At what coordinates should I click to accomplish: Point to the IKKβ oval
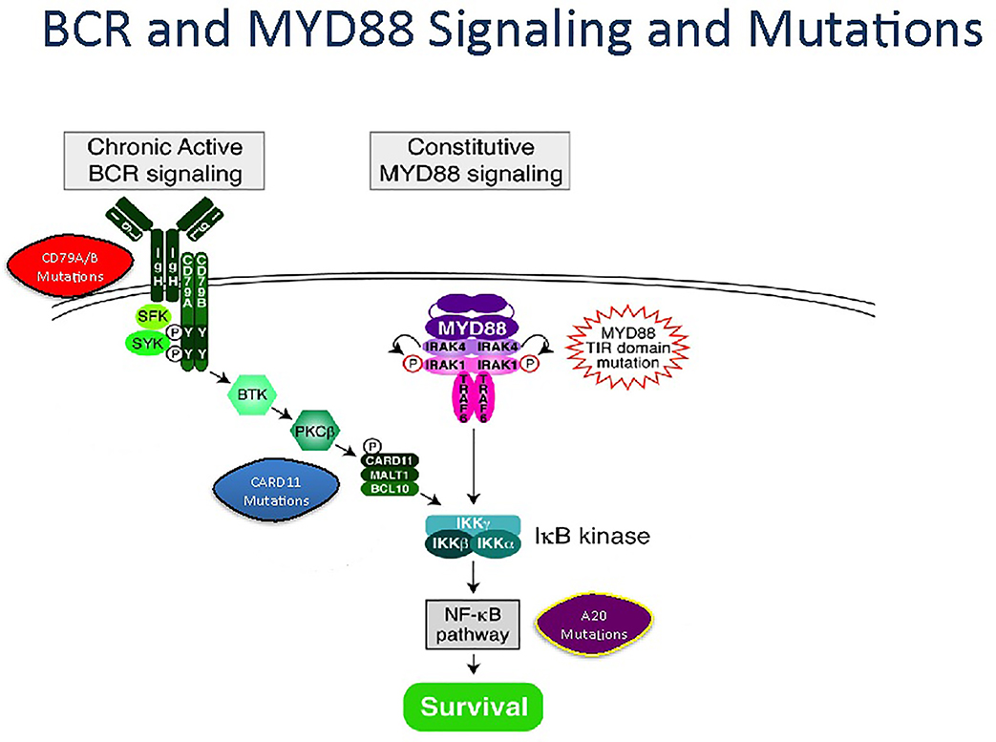click(448, 544)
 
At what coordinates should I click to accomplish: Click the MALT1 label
click(389, 474)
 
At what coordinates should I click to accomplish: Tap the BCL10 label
click(389, 489)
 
